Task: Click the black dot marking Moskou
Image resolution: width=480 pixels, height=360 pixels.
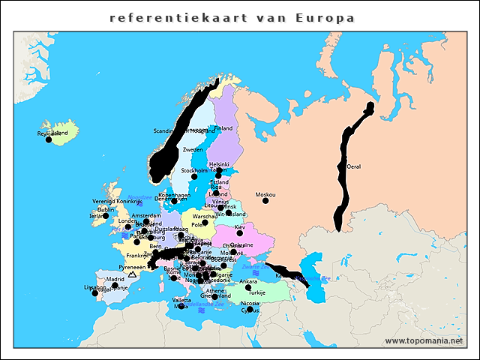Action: tap(265, 200)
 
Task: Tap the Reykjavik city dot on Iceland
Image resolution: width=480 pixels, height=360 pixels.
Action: tap(49, 139)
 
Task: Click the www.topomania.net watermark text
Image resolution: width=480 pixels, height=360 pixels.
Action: tap(430, 341)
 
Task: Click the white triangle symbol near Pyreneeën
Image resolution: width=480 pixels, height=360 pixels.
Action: tap(132, 274)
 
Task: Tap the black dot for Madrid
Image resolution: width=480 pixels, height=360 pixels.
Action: tap(115, 285)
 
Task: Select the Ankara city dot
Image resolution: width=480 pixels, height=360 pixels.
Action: tap(248, 287)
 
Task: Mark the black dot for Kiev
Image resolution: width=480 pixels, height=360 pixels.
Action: tap(240, 233)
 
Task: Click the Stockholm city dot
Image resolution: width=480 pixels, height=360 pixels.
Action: tap(193, 177)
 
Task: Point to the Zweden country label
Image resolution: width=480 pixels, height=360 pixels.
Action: tap(193, 150)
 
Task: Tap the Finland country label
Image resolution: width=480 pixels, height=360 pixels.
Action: tap(223, 128)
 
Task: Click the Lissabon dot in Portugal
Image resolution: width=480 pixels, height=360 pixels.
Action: tap(94, 293)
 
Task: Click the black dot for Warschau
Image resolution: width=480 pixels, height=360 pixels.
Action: tap(205, 223)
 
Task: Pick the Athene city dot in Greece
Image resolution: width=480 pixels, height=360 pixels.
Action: tap(214, 297)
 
